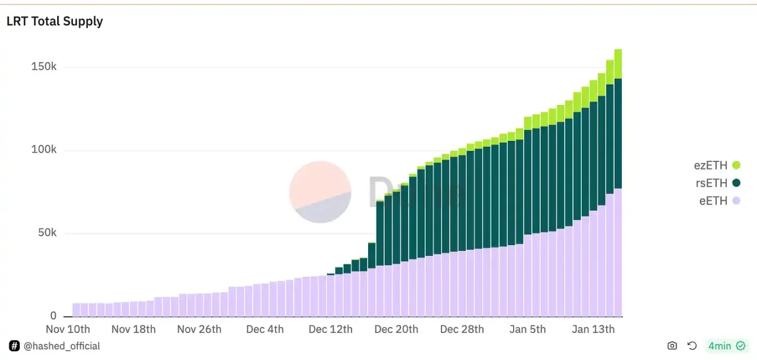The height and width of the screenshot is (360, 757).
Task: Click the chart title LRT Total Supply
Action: coord(54,21)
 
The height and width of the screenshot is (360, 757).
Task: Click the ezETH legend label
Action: coord(710,166)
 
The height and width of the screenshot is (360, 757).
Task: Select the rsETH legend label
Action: coord(711,183)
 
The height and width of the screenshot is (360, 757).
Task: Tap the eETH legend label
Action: coord(713,201)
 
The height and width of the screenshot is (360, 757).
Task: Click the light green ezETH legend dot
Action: coord(736,166)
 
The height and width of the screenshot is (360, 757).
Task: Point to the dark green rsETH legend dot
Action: coord(736,183)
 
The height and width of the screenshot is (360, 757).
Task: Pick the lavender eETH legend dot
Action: coord(736,201)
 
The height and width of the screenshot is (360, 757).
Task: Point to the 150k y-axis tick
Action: coord(44,67)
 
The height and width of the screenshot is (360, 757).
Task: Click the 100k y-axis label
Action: coord(44,150)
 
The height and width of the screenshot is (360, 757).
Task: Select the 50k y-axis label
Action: coord(46,233)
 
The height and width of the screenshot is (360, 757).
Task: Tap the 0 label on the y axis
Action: coord(54,316)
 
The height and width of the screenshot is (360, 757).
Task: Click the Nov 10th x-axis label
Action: coord(68,329)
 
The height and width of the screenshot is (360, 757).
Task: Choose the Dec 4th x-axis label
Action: coord(265,329)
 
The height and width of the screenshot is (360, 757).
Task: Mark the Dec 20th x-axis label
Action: coord(396,329)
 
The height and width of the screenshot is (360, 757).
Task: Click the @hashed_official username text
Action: coord(62,346)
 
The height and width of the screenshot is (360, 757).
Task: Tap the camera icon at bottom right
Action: coord(672,346)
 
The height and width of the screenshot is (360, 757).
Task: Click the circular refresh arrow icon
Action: coord(692,346)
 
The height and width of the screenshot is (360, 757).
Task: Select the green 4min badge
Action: coord(726,346)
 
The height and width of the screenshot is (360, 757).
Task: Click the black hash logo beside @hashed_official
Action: coord(14,346)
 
